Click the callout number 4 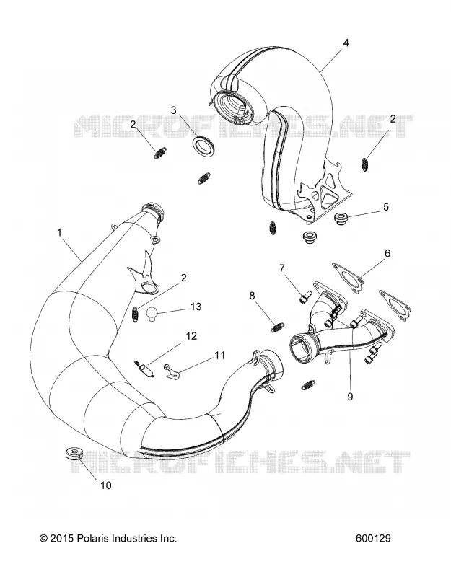coord(346,43)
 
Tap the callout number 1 coord(59,232)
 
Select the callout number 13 coord(196,307)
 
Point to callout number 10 coord(105,485)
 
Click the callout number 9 coord(350,396)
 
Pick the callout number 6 coord(387,253)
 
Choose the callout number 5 coord(386,207)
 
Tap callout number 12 coord(191,336)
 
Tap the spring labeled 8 coord(277,327)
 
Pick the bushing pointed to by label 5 coord(341,218)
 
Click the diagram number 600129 coord(373,538)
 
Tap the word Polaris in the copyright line coord(91,538)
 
